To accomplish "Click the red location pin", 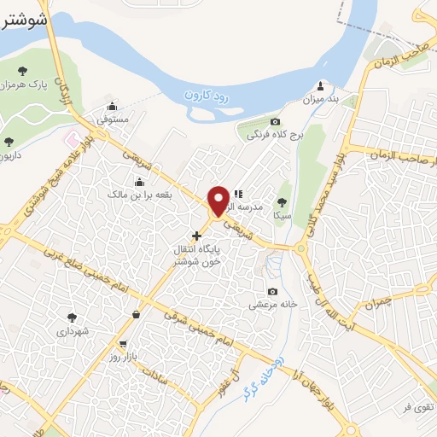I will [218, 200].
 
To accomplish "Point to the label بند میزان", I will [321, 99].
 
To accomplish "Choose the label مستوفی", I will [112, 120].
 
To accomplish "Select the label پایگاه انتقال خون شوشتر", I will [197, 254].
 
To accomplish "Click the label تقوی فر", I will [419, 407].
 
